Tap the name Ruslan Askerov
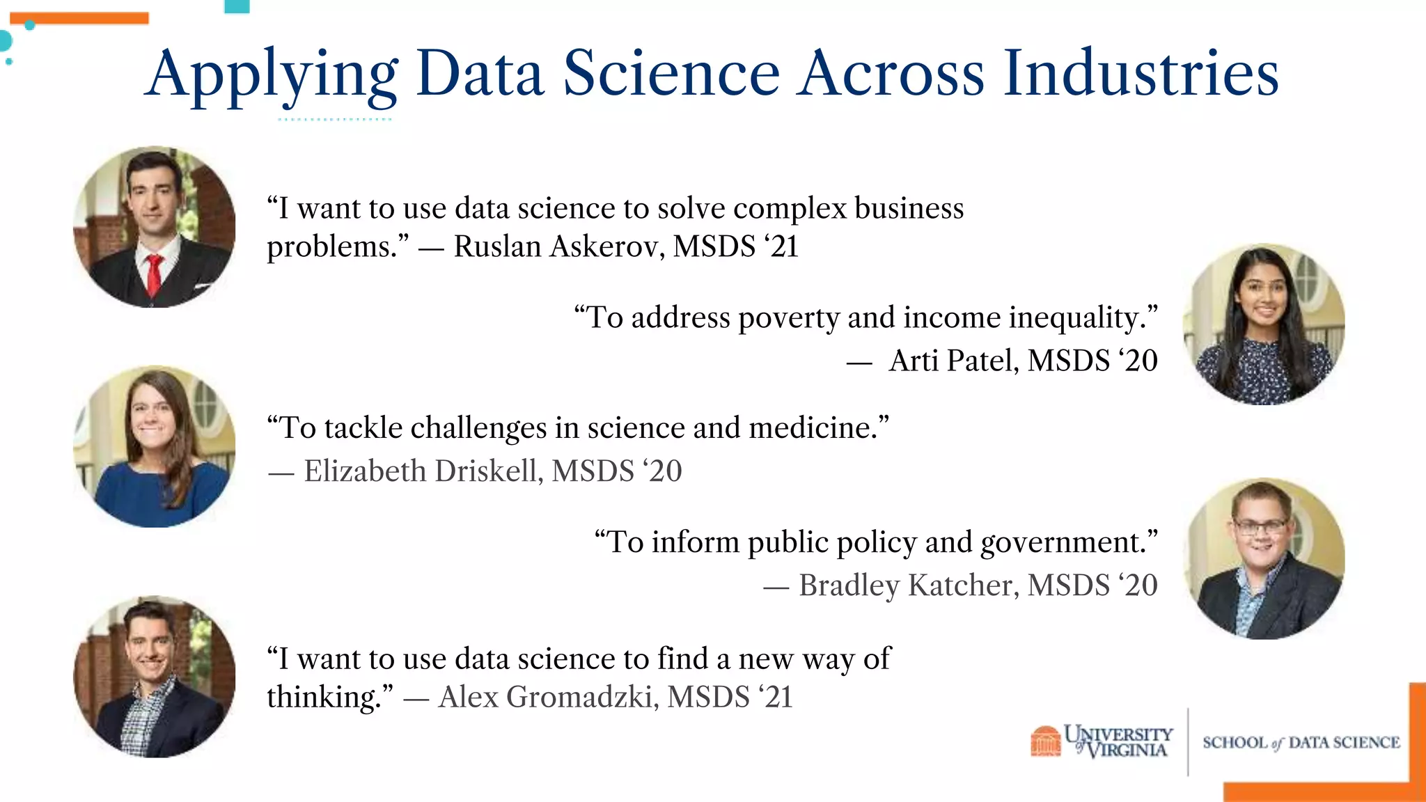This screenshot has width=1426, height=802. pos(558,246)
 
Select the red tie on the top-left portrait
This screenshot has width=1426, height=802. pos(154,274)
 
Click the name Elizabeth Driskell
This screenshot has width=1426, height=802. pos(422,471)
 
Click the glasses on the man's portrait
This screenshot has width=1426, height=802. pos(1260,526)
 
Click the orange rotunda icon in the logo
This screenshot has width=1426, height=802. pos(1045,741)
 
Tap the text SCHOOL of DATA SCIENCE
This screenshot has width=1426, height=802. pos(1301,743)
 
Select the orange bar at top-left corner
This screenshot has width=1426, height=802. pos(79,19)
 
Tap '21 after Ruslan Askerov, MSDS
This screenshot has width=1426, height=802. pos(781,246)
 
